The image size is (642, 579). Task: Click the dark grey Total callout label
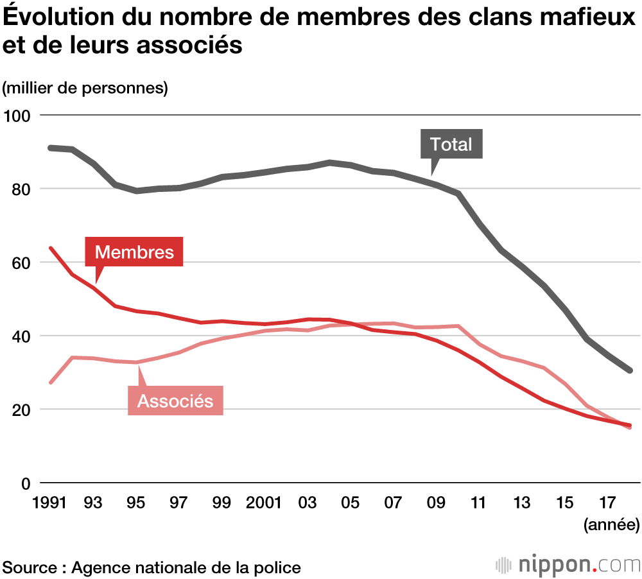click(x=451, y=144)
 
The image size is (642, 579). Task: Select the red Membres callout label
click(x=134, y=252)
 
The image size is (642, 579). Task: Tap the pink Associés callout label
click(x=175, y=401)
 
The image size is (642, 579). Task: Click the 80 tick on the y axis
click(x=20, y=189)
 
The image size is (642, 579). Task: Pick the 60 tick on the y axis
click(x=20, y=263)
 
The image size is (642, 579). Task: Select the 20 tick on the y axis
click(x=20, y=410)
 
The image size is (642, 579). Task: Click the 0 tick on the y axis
click(x=26, y=483)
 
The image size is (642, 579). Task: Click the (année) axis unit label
click(x=611, y=525)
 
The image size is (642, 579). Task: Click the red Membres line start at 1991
click(x=51, y=248)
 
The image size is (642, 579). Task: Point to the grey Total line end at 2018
click(x=630, y=370)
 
